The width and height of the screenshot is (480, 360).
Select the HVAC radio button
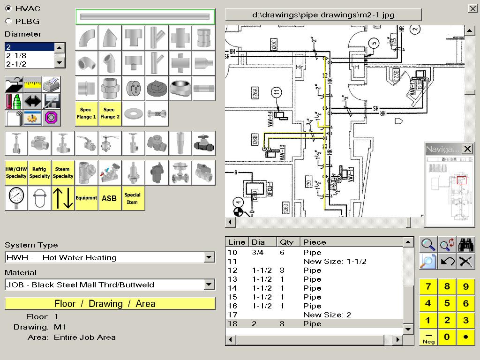click(8, 9)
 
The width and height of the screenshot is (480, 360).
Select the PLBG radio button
click(8, 21)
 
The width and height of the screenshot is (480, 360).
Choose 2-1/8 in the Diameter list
click(30, 55)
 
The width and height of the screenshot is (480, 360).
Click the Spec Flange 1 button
click(86, 113)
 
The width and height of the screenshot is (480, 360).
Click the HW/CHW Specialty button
click(16, 172)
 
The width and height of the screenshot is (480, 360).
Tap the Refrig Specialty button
click(39, 172)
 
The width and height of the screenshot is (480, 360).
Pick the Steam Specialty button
click(63, 172)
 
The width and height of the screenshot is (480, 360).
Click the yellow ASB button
click(109, 198)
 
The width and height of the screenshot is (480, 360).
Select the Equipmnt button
click(86, 198)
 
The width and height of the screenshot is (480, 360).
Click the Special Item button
click(133, 198)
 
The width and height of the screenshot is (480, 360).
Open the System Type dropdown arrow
click(209, 257)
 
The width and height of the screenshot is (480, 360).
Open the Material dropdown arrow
click(209, 285)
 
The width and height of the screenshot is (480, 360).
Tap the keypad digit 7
click(428, 287)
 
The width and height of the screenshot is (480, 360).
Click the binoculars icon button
click(465, 244)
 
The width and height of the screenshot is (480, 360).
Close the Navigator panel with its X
click(467, 149)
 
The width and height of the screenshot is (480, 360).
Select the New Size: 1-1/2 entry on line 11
click(334, 261)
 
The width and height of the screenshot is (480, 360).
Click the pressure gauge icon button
click(16, 198)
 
